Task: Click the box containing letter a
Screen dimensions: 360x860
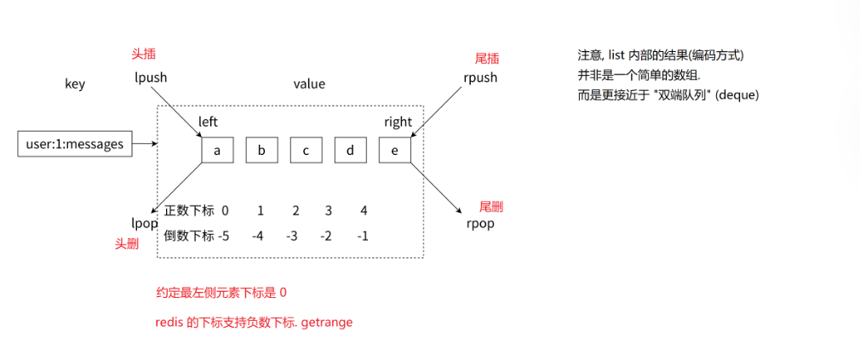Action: click(x=217, y=150)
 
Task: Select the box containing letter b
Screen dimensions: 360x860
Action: click(x=261, y=150)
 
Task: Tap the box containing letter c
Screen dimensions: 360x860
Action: click(x=306, y=150)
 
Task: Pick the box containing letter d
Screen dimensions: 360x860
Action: click(x=350, y=150)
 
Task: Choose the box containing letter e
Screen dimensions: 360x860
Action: click(x=394, y=150)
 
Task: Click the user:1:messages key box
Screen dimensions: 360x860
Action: click(x=76, y=144)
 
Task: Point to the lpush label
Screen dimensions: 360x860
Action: click(x=151, y=77)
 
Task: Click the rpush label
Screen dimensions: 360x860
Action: click(x=480, y=77)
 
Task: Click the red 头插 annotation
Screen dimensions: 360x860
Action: click(x=141, y=53)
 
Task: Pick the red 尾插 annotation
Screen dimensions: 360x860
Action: click(x=486, y=59)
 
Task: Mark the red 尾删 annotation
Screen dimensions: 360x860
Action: click(x=491, y=207)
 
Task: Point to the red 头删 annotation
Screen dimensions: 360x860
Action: click(x=127, y=243)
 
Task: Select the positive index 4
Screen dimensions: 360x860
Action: click(x=364, y=210)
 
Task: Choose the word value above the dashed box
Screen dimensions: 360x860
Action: click(x=309, y=84)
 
